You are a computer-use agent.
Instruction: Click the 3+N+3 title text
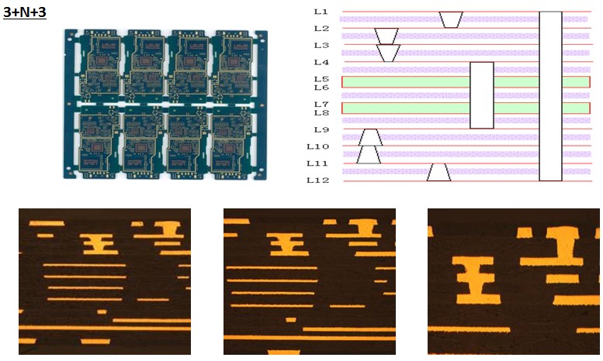click(x=25, y=12)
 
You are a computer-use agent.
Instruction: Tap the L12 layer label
click(x=319, y=180)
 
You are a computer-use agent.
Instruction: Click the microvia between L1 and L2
click(x=450, y=19)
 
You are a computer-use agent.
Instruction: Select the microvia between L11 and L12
click(x=439, y=172)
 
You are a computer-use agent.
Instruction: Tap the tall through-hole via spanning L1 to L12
click(x=550, y=96)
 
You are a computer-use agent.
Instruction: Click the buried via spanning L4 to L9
click(x=482, y=95)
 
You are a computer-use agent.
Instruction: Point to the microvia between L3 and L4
click(x=388, y=53)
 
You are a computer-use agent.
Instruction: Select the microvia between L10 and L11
click(x=369, y=154)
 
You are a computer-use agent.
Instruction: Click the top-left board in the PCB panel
click(x=99, y=67)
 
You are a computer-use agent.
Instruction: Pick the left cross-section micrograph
click(x=105, y=281)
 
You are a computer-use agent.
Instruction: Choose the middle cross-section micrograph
click(x=309, y=281)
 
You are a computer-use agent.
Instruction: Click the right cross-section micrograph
click(x=514, y=281)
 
